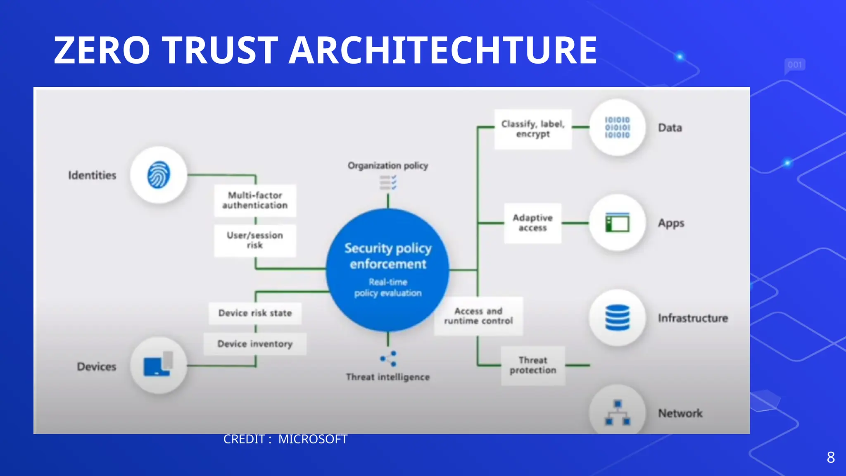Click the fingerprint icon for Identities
(x=159, y=175)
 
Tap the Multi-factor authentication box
(x=255, y=200)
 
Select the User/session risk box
(x=255, y=240)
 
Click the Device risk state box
(x=255, y=313)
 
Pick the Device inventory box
(x=255, y=344)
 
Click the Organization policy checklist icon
(x=388, y=182)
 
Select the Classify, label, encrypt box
(x=533, y=129)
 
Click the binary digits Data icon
(x=617, y=127)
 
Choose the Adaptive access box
(x=532, y=223)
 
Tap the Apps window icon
(x=617, y=223)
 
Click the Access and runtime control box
(x=478, y=316)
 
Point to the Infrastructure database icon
(x=617, y=317)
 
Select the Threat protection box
(x=533, y=365)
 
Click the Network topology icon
(x=617, y=412)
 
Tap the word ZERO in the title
(x=102, y=50)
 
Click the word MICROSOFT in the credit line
(x=313, y=439)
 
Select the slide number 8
(x=831, y=457)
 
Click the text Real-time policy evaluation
(x=388, y=288)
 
